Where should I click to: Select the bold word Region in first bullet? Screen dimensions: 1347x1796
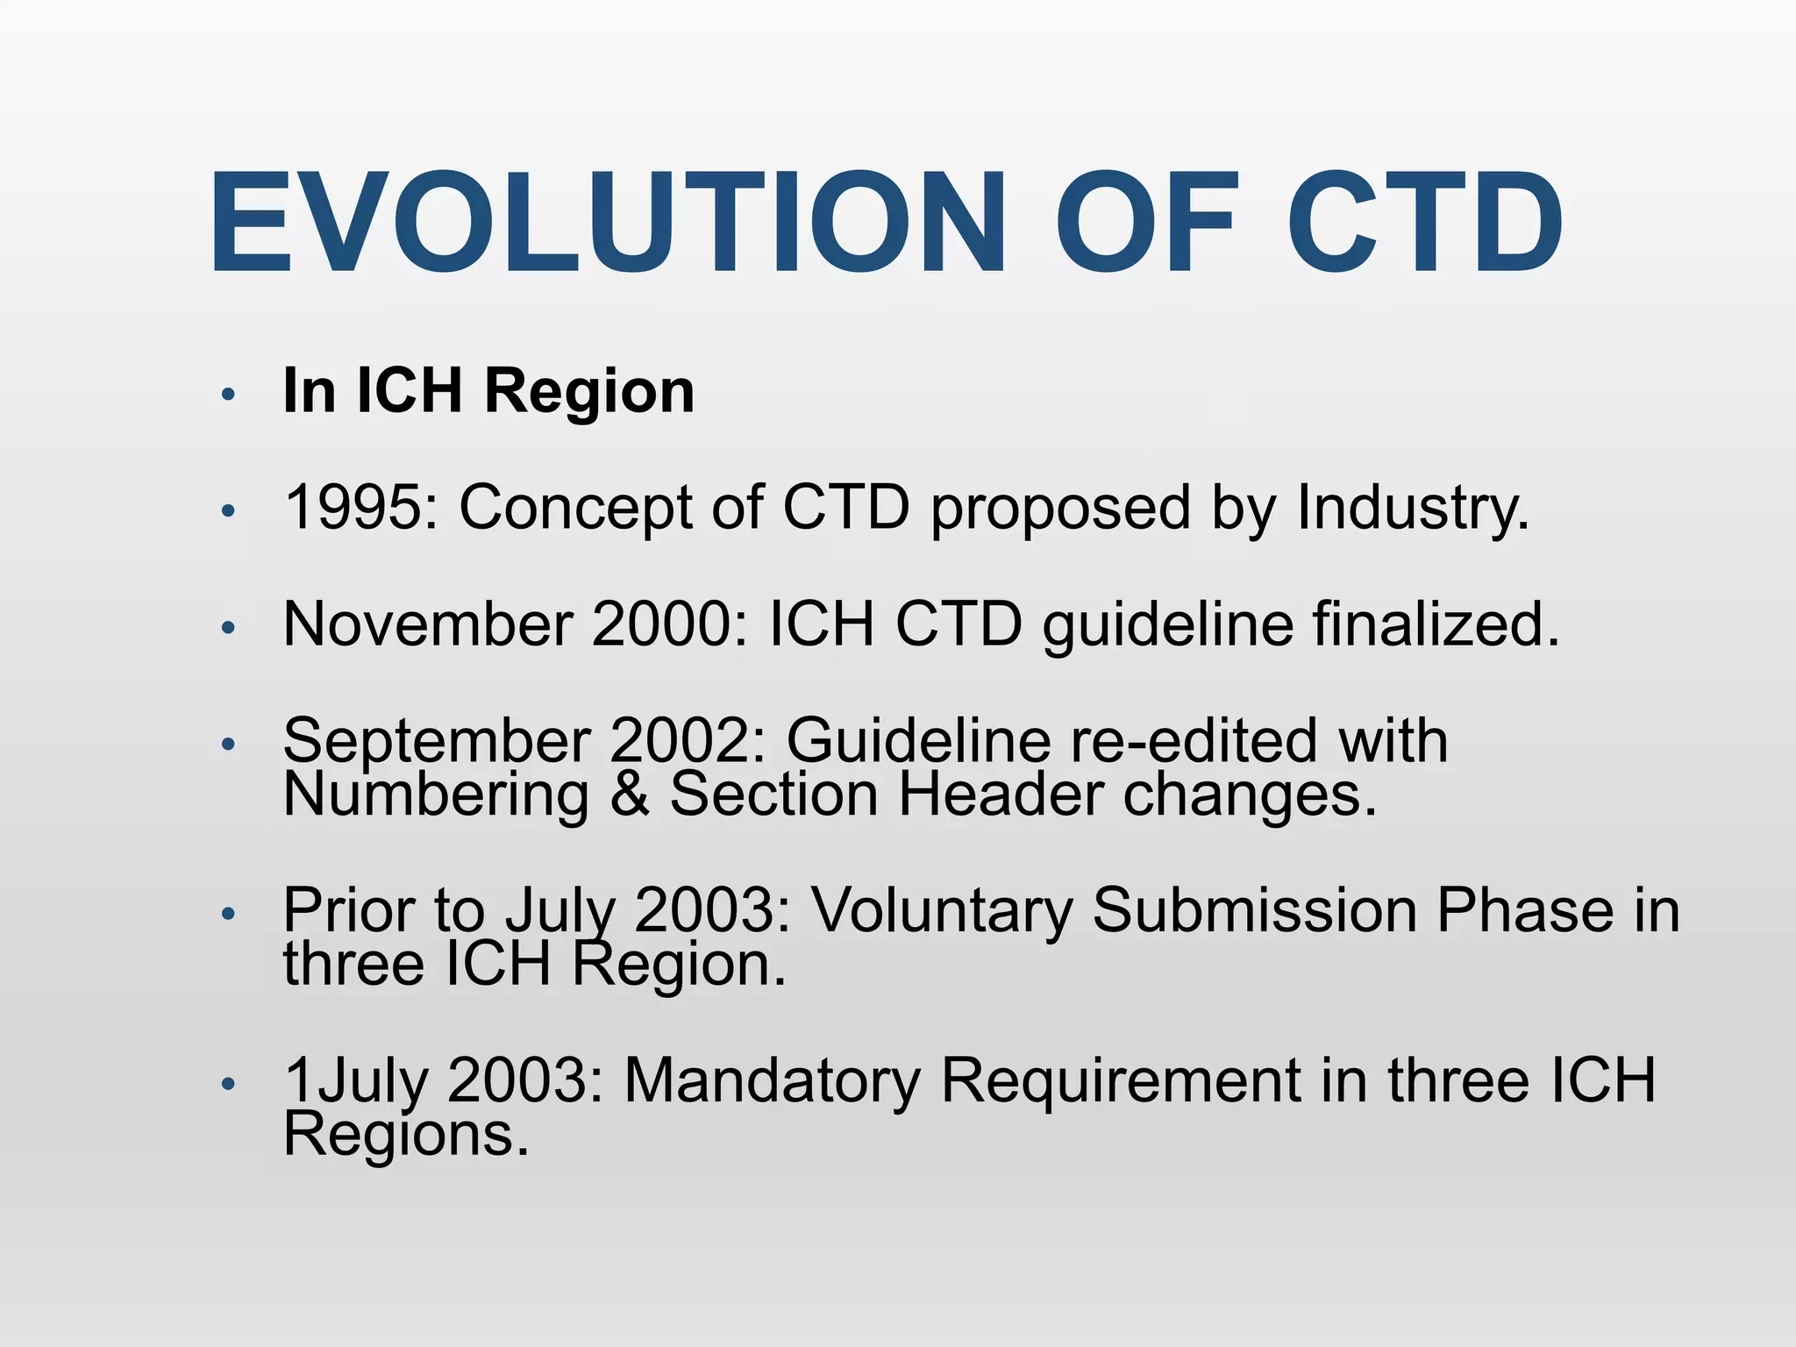click(x=588, y=392)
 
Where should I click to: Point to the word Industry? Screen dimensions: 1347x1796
click(x=1412, y=510)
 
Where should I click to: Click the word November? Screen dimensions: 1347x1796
click(x=428, y=624)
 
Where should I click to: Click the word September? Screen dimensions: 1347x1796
click(x=436, y=742)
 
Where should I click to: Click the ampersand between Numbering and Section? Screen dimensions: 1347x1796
click(x=630, y=795)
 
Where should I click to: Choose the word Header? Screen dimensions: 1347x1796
click(x=1001, y=795)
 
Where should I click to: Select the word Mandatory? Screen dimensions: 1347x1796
click(x=772, y=1080)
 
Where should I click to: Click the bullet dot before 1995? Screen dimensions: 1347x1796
click(x=228, y=511)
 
